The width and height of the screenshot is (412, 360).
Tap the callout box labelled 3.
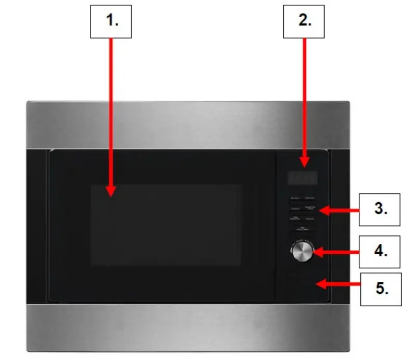coord(380,209)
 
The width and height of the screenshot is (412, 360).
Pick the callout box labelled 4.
coord(380,252)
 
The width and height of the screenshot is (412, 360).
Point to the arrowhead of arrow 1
coord(111,193)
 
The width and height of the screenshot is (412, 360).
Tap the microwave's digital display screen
coord(303,178)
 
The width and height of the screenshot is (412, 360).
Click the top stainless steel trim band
coord(188,125)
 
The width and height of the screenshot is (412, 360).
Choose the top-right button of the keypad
coord(311,198)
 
